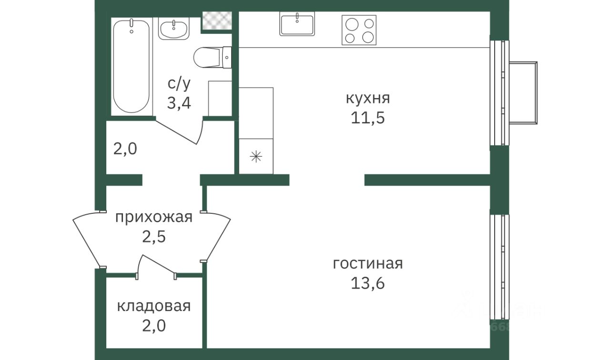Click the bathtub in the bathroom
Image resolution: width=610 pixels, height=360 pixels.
[x=131, y=66]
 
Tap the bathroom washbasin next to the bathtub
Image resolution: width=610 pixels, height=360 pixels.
[x=174, y=29]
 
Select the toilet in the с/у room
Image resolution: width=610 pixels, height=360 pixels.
[x=212, y=58]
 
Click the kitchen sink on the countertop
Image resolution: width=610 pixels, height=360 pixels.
[x=297, y=24]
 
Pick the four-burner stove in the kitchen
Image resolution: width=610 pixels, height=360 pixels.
[x=359, y=30]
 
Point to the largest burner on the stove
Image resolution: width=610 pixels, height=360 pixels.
[x=352, y=25]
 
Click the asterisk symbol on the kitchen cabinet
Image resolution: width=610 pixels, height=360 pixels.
[x=256, y=157]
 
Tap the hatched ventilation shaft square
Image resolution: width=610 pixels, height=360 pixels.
[x=217, y=20]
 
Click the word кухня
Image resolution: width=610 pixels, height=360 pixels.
[x=368, y=98]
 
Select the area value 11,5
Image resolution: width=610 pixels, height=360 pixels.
[x=367, y=118]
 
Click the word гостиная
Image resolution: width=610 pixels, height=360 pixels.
[x=367, y=264]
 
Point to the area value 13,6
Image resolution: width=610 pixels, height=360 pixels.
[x=367, y=283]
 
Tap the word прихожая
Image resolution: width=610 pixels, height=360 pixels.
[x=154, y=218]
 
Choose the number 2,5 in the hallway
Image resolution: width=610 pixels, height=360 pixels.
[x=154, y=237]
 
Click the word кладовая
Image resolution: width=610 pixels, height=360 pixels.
[x=154, y=306]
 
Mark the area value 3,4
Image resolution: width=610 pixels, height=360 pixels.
[x=179, y=103]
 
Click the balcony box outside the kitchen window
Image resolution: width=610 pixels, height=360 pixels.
[x=523, y=93]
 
